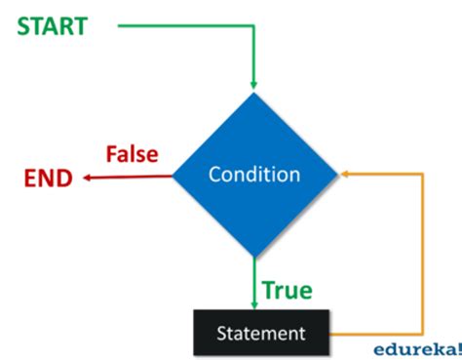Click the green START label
tap(51, 25)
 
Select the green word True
tap(288, 290)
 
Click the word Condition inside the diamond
tap(254, 176)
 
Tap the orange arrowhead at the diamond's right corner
tap(345, 176)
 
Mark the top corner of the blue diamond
tap(254, 93)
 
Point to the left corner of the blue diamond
tap(173, 176)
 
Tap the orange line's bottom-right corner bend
tap(422, 334)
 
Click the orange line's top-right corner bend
tap(422, 176)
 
